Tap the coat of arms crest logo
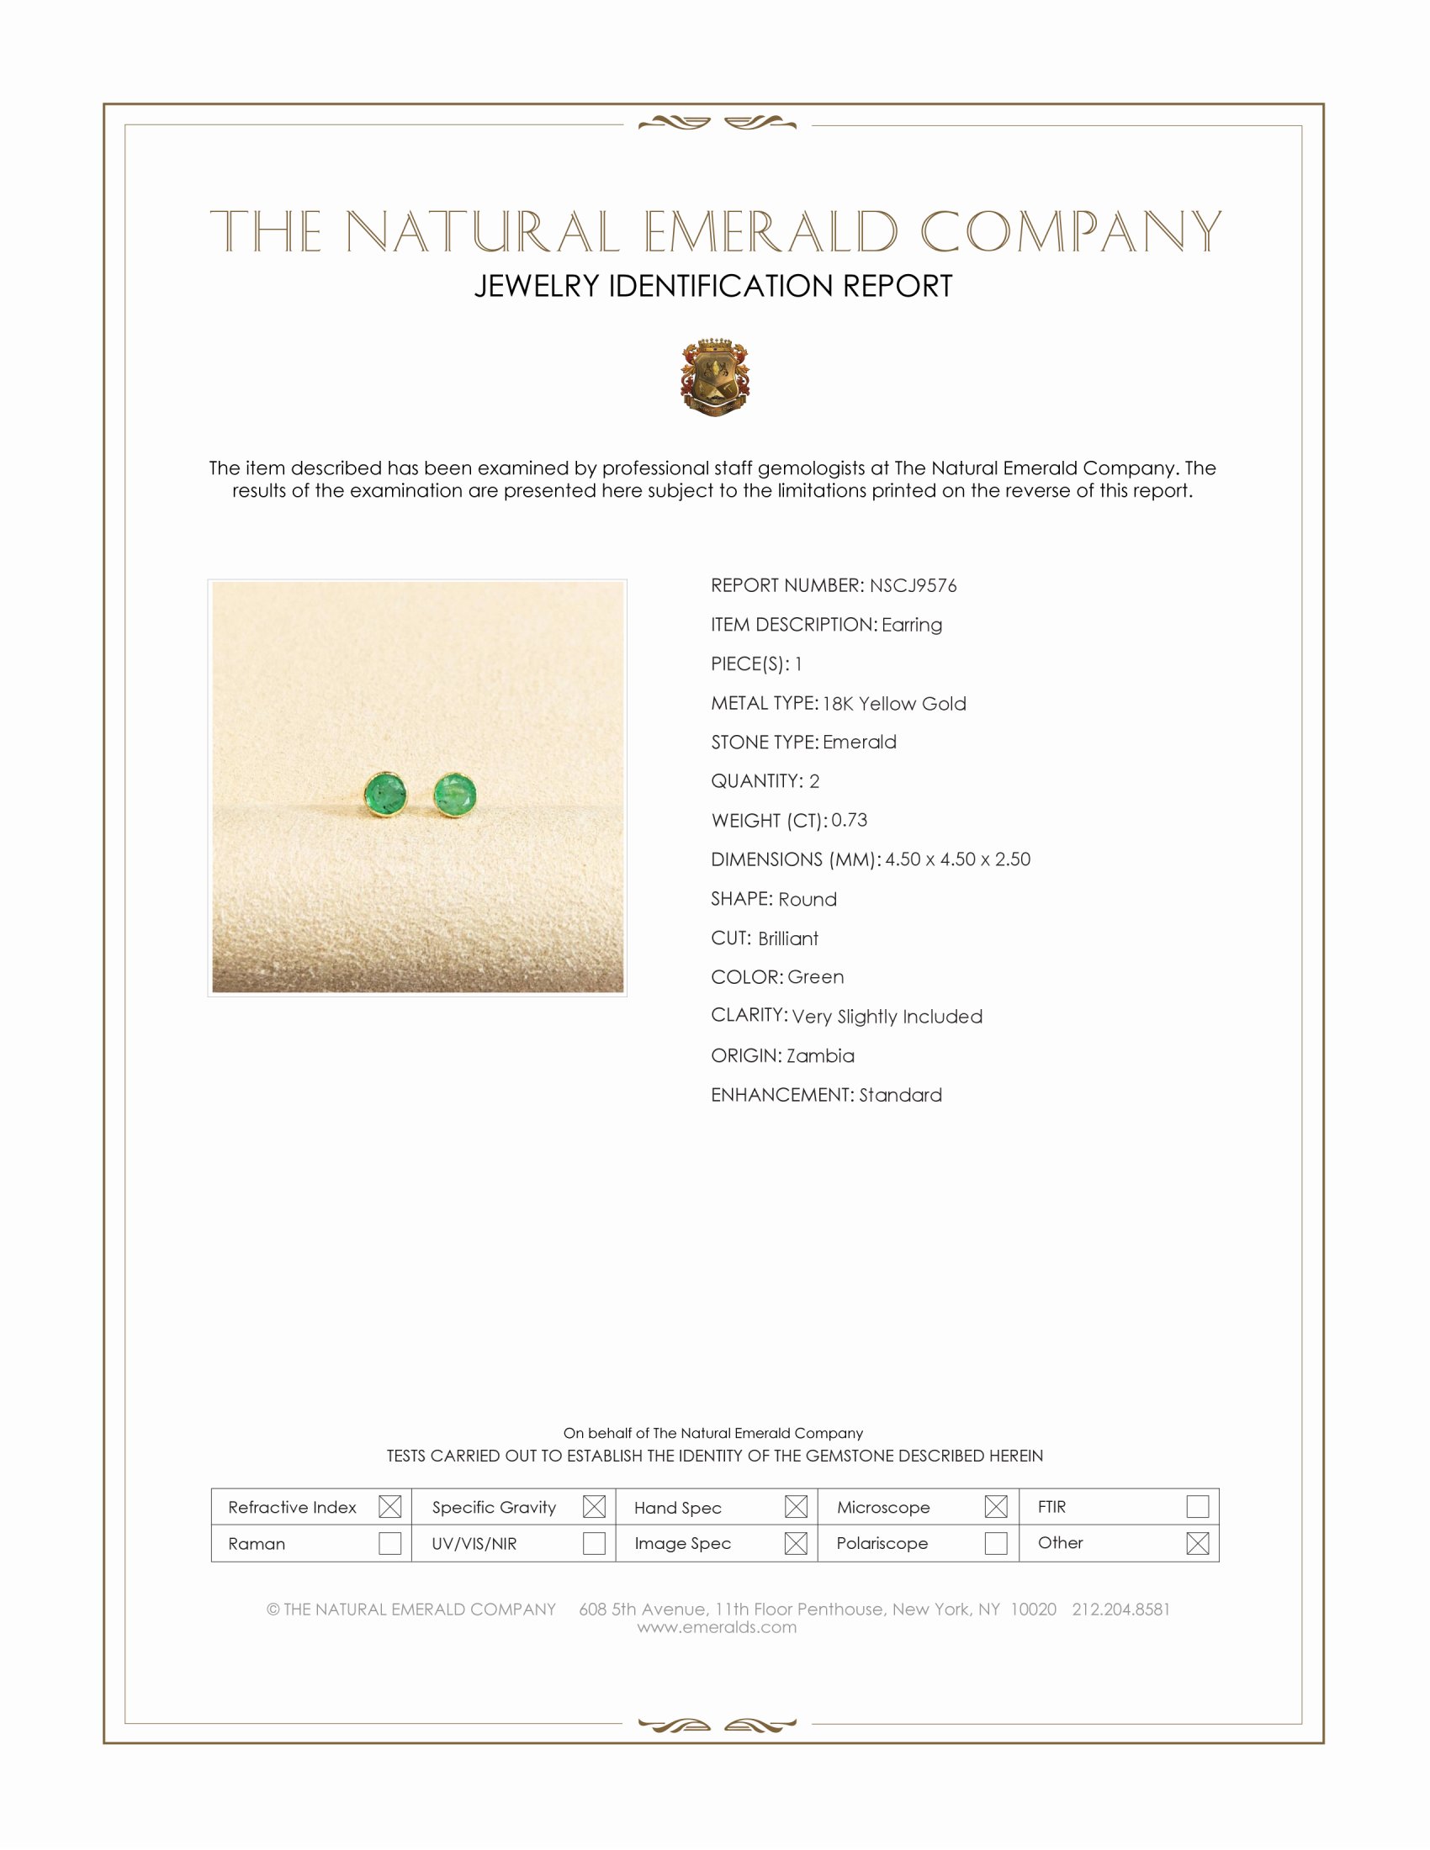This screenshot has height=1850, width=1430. pos(714,378)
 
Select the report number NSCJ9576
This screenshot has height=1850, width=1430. pos(913,585)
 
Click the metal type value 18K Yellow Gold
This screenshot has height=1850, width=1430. pos(893,703)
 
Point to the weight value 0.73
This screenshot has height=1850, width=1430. pos(849,820)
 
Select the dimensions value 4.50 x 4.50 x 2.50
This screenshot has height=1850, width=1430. pos(957,859)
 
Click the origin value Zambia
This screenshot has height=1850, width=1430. pos(820,1055)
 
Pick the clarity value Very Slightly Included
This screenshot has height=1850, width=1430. pos(887,1017)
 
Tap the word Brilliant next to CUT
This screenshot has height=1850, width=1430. pos(788,938)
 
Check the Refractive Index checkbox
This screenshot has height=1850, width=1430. pos(389,1507)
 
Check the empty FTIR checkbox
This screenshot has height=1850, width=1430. pos(1197,1506)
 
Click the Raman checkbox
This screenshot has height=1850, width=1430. pos(389,1543)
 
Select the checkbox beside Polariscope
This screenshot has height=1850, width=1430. pos(996,1543)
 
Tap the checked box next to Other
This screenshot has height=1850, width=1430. pos(1197,1543)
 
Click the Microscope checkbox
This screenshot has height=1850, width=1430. pos(996,1507)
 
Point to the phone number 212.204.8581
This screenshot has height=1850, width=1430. pos(1120,1609)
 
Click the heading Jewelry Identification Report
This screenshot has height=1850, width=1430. pos(713,286)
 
